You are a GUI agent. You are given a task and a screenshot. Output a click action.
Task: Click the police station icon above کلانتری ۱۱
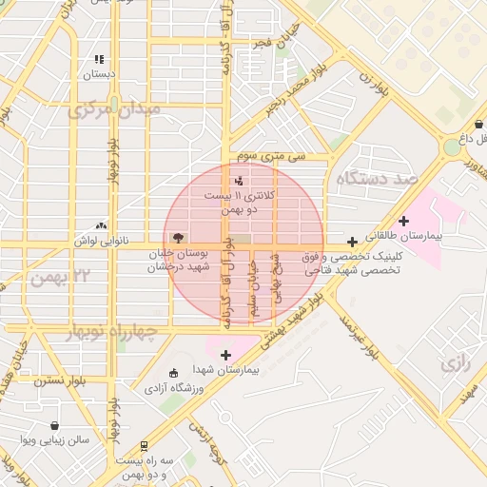238,180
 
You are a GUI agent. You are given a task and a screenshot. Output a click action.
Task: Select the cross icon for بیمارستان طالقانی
404,220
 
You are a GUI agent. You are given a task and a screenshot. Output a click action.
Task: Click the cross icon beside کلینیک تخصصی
353,243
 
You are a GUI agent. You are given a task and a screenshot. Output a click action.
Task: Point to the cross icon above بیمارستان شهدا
225,355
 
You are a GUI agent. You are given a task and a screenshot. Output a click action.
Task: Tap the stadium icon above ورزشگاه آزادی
172,373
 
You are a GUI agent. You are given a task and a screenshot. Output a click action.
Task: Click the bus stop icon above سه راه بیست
144,445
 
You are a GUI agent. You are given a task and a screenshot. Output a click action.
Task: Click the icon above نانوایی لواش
101,226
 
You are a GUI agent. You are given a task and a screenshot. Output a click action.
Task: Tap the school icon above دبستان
99,59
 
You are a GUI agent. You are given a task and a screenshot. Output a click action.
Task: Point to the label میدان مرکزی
115,110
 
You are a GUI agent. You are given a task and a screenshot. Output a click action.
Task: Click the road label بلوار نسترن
60,380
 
